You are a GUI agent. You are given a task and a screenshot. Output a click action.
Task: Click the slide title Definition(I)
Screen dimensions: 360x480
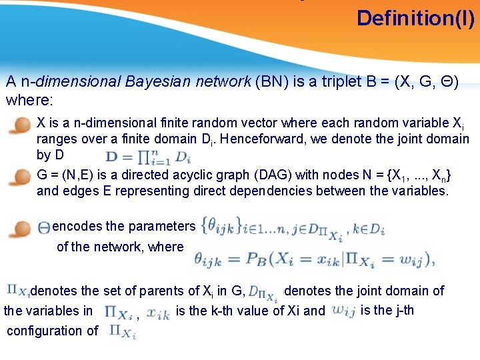click(x=415, y=18)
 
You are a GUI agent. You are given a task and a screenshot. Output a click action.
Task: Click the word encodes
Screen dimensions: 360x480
click(x=75, y=226)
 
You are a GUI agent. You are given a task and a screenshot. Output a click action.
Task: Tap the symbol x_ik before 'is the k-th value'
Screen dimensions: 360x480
click(x=159, y=311)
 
